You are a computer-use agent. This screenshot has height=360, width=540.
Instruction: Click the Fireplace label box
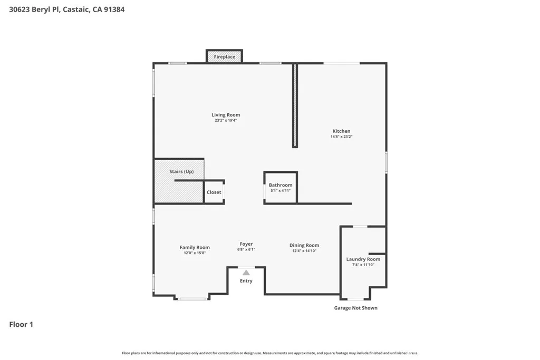(x=224, y=56)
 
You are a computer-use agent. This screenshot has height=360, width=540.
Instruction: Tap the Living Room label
(x=226, y=115)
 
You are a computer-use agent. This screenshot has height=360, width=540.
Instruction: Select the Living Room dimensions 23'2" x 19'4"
(x=226, y=121)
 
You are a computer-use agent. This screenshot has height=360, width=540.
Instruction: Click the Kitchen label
(x=341, y=131)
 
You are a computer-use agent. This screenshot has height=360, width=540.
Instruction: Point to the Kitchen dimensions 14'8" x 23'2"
(x=341, y=137)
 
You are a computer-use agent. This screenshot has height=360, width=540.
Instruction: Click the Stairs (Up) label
(x=181, y=172)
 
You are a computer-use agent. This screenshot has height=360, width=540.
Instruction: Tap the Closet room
(x=214, y=192)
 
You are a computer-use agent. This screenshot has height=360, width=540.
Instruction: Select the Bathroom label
(x=281, y=185)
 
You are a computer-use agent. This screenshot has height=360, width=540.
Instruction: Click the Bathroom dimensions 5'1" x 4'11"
(x=281, y=191)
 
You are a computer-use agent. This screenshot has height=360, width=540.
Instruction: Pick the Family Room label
(x=195, y=247)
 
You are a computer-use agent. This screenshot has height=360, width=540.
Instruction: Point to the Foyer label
(x=246, y=244)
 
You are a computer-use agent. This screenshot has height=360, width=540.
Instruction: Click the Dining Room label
(x=304, y=245)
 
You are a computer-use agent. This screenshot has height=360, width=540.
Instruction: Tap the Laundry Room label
(x=363, y=259)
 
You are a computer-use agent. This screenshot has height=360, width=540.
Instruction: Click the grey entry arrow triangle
(x=246, y=273)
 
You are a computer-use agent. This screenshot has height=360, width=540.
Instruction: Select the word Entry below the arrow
(x=246, y=281)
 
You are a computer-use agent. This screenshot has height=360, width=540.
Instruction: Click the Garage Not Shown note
(x=356, y=308)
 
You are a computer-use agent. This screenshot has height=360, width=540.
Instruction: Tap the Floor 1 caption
(x=21, y=325)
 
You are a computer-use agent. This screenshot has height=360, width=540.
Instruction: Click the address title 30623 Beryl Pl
(x=67, y=9)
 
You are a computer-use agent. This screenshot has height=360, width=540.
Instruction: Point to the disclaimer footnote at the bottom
(x=270, y=353)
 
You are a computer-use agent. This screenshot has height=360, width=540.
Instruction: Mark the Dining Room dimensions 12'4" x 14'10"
(x=304, y=251)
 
